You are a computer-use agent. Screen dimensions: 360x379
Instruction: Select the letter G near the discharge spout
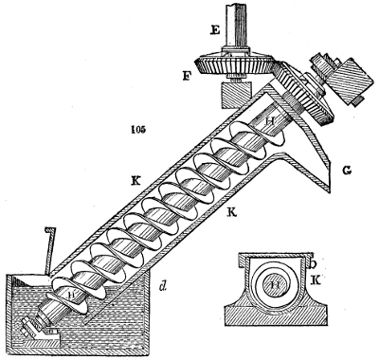348,170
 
